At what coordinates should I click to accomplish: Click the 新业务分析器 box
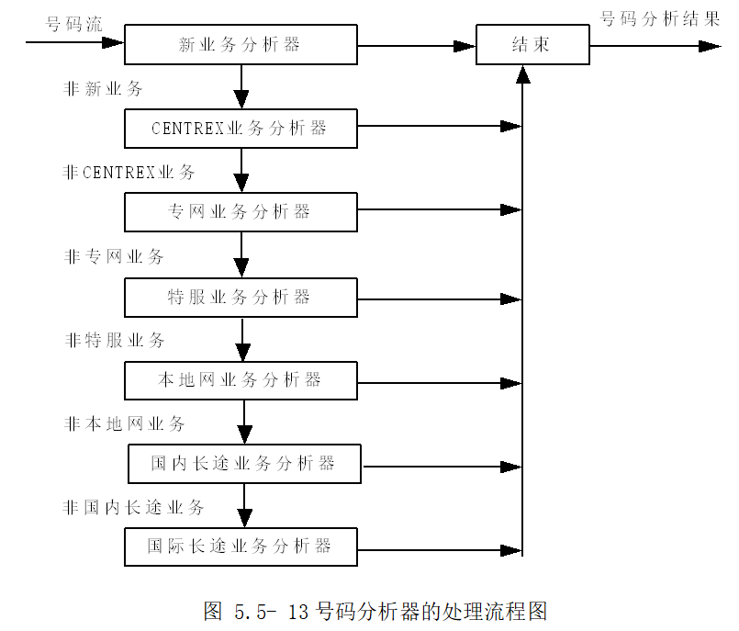point(241,44)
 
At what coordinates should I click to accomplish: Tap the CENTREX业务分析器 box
point(241,129)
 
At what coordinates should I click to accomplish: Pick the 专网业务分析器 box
point(241,212)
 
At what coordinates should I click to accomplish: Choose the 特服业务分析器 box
point(241,297)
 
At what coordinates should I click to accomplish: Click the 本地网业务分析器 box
point(241,380)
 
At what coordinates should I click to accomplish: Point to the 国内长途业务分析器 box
point(244,464)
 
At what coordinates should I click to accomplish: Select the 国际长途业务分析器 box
point(241,546)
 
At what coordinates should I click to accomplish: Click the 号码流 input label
point(74,24)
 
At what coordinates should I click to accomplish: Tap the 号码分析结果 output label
point(660,19)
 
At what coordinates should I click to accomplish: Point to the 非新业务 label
point(103,89)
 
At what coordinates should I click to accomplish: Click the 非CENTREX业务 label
point(129,173)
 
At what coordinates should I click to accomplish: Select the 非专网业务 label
point(114,257)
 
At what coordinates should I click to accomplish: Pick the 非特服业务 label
point(115,341)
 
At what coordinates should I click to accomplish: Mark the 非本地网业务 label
point(125,423)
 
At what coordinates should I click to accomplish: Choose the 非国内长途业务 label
point(134,507)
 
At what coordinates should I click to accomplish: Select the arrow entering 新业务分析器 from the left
point(73,42)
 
